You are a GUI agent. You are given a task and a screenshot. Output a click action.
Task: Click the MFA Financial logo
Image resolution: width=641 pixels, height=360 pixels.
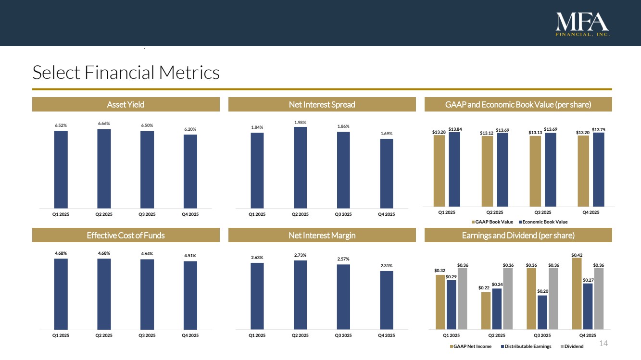(582, 24)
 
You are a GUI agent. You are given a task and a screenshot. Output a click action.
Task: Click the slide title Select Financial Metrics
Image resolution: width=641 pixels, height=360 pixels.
(126, 73)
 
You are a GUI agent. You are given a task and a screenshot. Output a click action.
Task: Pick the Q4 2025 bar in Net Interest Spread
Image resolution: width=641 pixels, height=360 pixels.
(387, 173)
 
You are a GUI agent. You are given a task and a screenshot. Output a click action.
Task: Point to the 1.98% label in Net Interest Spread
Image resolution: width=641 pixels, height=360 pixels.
(300, 122)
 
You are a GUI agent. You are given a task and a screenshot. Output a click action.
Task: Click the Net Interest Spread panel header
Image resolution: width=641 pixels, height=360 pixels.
(322, 104)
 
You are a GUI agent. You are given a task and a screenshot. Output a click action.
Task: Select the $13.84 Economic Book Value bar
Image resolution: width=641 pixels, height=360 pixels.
(454, 168)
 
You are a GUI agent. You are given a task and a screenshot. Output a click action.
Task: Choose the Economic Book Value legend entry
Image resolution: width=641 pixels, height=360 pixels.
(543, 222)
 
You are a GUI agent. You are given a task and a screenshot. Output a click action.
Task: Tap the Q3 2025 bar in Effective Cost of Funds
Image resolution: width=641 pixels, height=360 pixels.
(147, 294)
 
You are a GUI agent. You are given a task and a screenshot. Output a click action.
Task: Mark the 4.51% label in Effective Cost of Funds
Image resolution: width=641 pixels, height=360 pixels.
(190, 256)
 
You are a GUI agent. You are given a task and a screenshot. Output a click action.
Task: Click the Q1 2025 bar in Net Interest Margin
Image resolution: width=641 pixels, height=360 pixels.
(257, 296)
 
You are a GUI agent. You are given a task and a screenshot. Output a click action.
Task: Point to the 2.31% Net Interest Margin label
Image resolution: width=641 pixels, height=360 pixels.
(387, 266)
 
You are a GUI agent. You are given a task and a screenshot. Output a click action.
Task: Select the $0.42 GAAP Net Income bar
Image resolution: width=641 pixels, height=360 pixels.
(577, 293)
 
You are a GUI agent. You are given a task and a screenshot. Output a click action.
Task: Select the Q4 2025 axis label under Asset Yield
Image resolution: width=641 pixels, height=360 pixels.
(190, 214)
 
